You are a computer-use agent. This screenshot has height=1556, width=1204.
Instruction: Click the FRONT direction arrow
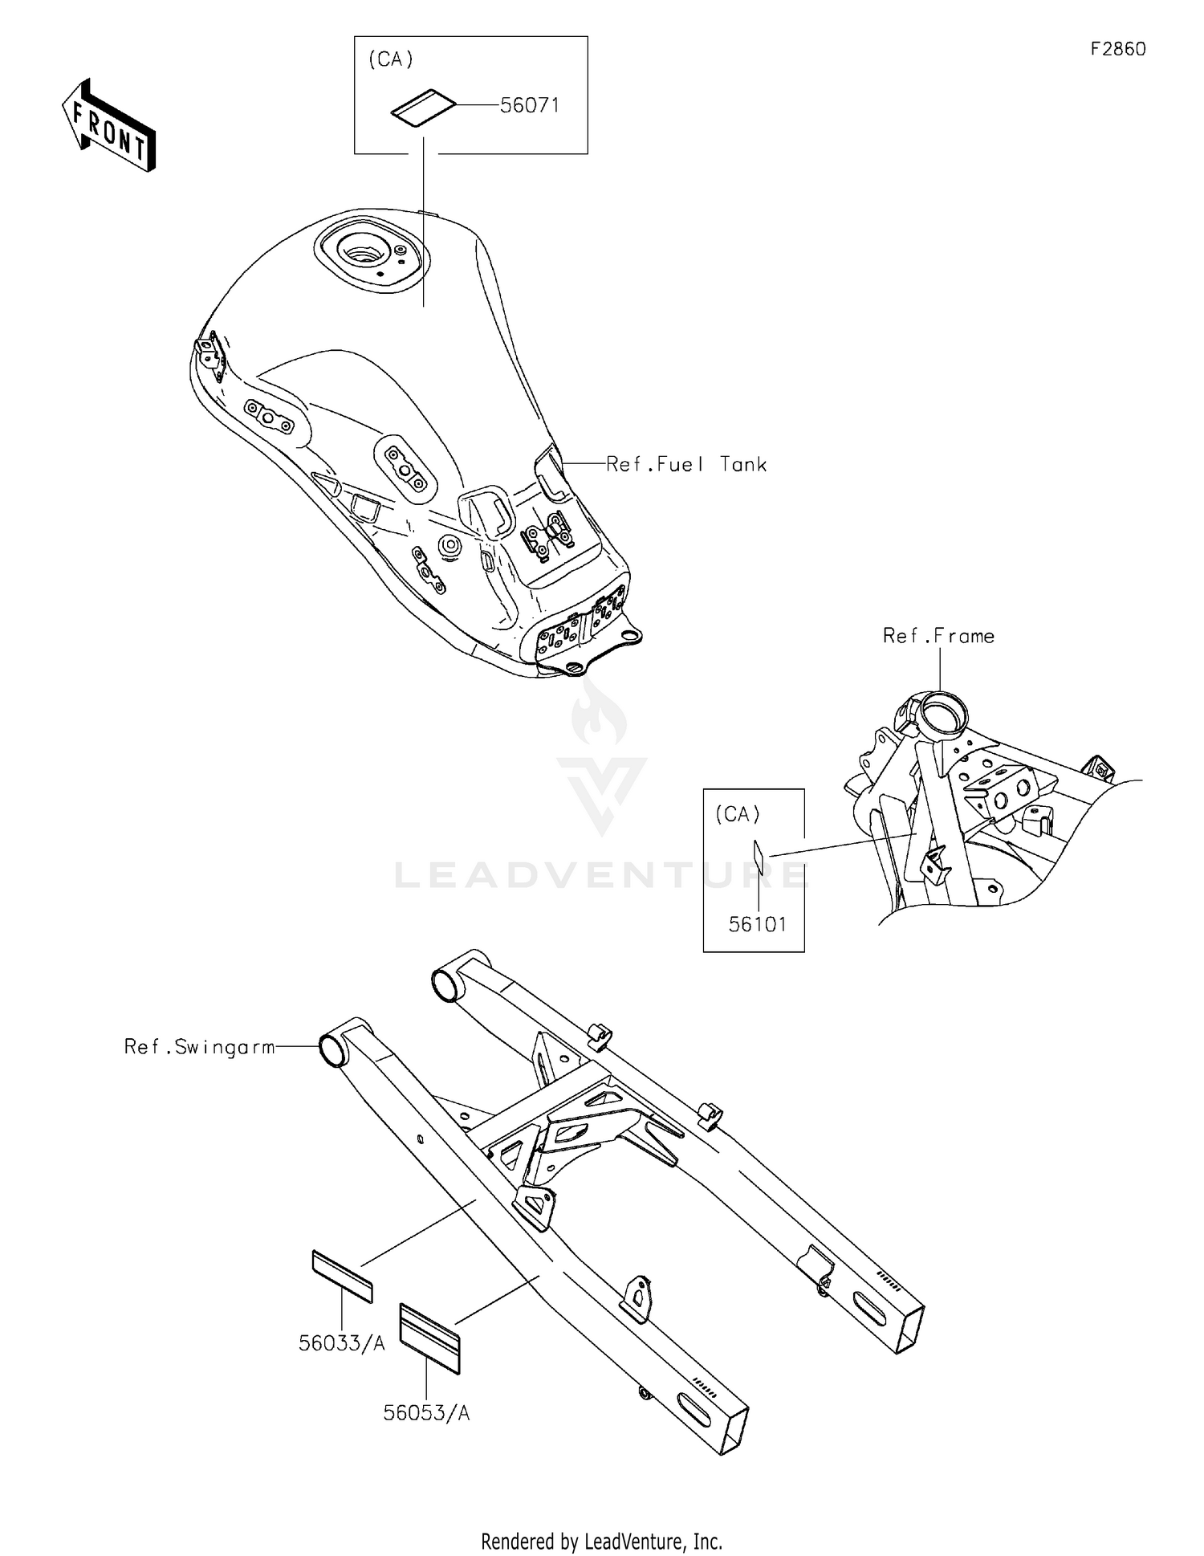click(x=108, y=126)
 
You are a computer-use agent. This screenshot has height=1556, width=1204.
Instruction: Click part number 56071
click(x=530, y=105)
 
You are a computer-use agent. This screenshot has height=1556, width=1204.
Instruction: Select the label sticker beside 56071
click(x=424, y=108)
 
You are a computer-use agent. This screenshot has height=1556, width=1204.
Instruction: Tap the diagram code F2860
click(x=1118, y=49)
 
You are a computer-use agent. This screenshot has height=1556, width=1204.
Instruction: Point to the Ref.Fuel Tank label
click(x=686, y=464)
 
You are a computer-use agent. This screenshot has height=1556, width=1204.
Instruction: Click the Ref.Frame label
click(x=938, y=636)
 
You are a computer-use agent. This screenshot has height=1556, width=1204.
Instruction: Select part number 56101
click(x=758, y=924)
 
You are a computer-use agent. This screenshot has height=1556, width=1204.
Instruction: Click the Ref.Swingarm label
click(x=200, y=1047)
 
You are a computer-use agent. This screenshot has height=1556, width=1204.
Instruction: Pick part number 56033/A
click(x=342, y=1343)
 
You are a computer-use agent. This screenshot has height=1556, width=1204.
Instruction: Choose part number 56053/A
click(x=426, y=1413)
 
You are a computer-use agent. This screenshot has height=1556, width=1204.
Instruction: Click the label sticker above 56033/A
click(x=342, y=1275)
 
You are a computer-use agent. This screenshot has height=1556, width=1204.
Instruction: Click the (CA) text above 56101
click(x=738, y=814)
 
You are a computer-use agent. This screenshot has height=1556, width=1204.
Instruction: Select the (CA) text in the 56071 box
click(x=391, y=59)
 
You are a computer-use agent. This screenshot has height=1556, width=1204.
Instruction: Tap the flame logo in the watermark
click(x=600, y=713)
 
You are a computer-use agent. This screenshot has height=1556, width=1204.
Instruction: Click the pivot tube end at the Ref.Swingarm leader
click(x=331, y=1049)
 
